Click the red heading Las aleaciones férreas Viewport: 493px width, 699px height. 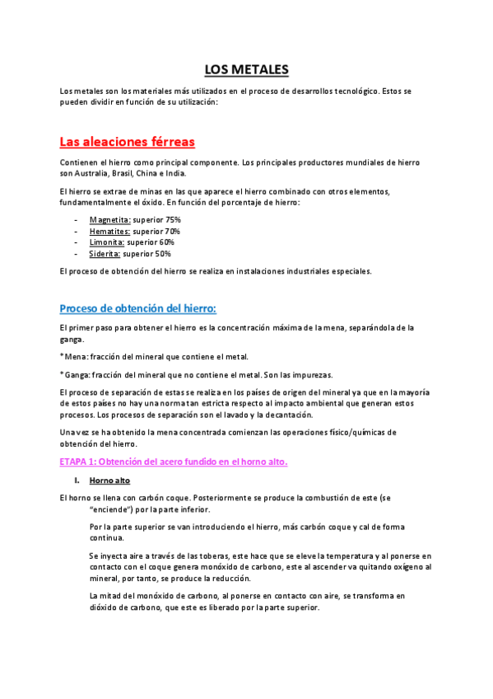[127, 141]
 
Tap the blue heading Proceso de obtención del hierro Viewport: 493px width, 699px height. [138, 308]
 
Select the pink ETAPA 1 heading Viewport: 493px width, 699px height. [174, 462]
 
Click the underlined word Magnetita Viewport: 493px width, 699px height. [109, 220]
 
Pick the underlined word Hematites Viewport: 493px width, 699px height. [109, 232]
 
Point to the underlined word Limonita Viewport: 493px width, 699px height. [107, 242]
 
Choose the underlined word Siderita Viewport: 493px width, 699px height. [105, 254]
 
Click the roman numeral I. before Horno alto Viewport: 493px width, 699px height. [76, 481]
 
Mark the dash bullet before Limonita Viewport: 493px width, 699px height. [76, 242]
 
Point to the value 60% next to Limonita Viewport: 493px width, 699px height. [165, 242]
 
